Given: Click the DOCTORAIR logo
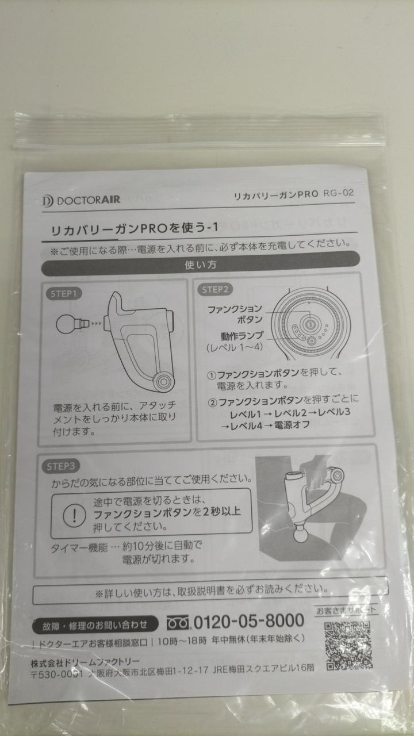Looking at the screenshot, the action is pos(81,200).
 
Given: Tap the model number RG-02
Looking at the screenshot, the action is pos(339,193).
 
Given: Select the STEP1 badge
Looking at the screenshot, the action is pos(63,294).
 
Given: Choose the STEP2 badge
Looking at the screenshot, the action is pos(215,289).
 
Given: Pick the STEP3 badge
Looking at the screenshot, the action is pos(61,466).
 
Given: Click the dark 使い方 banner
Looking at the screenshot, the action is pos(201,263).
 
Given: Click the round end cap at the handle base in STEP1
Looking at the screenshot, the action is pos(163,382).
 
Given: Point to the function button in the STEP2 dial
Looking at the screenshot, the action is pos(310,324).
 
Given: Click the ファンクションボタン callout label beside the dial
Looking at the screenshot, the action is pos(235,314).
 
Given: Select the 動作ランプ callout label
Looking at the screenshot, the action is pos(242,336).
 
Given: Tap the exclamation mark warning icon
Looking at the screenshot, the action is pos(74,515).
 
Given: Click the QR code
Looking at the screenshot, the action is pos(348,646).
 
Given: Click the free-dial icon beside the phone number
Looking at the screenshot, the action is pos(178,623).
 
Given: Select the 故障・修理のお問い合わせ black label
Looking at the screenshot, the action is pos(95,625).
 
